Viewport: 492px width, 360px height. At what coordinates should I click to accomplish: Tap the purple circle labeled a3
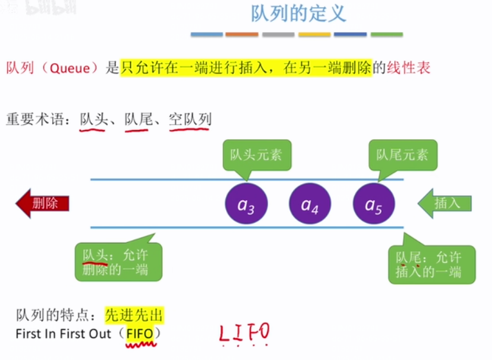(246, 205)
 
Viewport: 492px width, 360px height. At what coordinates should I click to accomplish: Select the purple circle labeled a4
(310, 205)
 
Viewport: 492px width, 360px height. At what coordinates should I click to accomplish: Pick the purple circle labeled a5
(374, 205)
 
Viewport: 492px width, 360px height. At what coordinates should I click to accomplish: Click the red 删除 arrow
(43, 204)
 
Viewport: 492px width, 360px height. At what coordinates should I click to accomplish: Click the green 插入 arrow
(445, 204)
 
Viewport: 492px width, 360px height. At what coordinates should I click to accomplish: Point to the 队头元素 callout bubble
(256, 155)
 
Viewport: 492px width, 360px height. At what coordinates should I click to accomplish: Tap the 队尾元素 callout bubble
(402, 155)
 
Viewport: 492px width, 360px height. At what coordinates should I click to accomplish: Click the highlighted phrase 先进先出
(134, 316)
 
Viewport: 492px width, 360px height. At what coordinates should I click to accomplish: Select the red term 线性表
(408, 68)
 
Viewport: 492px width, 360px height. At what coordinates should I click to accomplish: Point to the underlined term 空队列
(190, 119)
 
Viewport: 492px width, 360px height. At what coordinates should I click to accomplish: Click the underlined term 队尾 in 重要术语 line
(138, 119)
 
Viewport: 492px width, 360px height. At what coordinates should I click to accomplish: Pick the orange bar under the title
(241, 34)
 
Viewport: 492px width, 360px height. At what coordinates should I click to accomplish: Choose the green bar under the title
(386, 34)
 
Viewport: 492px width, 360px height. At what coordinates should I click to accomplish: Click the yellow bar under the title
(314, 34)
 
